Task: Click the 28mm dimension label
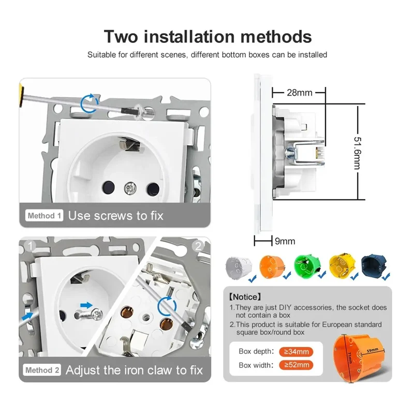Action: [x=300, y=93]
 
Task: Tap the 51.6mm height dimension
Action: [x=358, y=153]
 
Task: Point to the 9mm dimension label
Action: [x=285, y=241]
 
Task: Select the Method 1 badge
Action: [x=44, y=215]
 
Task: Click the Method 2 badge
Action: [x=42, y=370]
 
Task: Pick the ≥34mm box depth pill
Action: [x=296, y=352]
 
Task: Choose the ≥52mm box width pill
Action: [x=296, y=365]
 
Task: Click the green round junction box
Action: [x=307, y=266]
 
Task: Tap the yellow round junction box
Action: [x=342, y=265]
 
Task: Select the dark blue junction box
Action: [x=374, y=265]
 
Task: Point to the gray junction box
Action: [x=239, y=267]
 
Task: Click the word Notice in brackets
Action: [x=245, y=297]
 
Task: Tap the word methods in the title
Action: [x=276, y=36]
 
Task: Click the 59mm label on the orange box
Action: [x=372, y=350]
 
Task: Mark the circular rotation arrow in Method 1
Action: [x=89, y=103]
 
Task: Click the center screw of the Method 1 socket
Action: [x=130, y=188]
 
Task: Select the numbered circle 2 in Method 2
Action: [x=198, y=246]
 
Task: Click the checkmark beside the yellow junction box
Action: [x=354, y=276]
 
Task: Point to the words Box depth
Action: [x=256, y=351]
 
